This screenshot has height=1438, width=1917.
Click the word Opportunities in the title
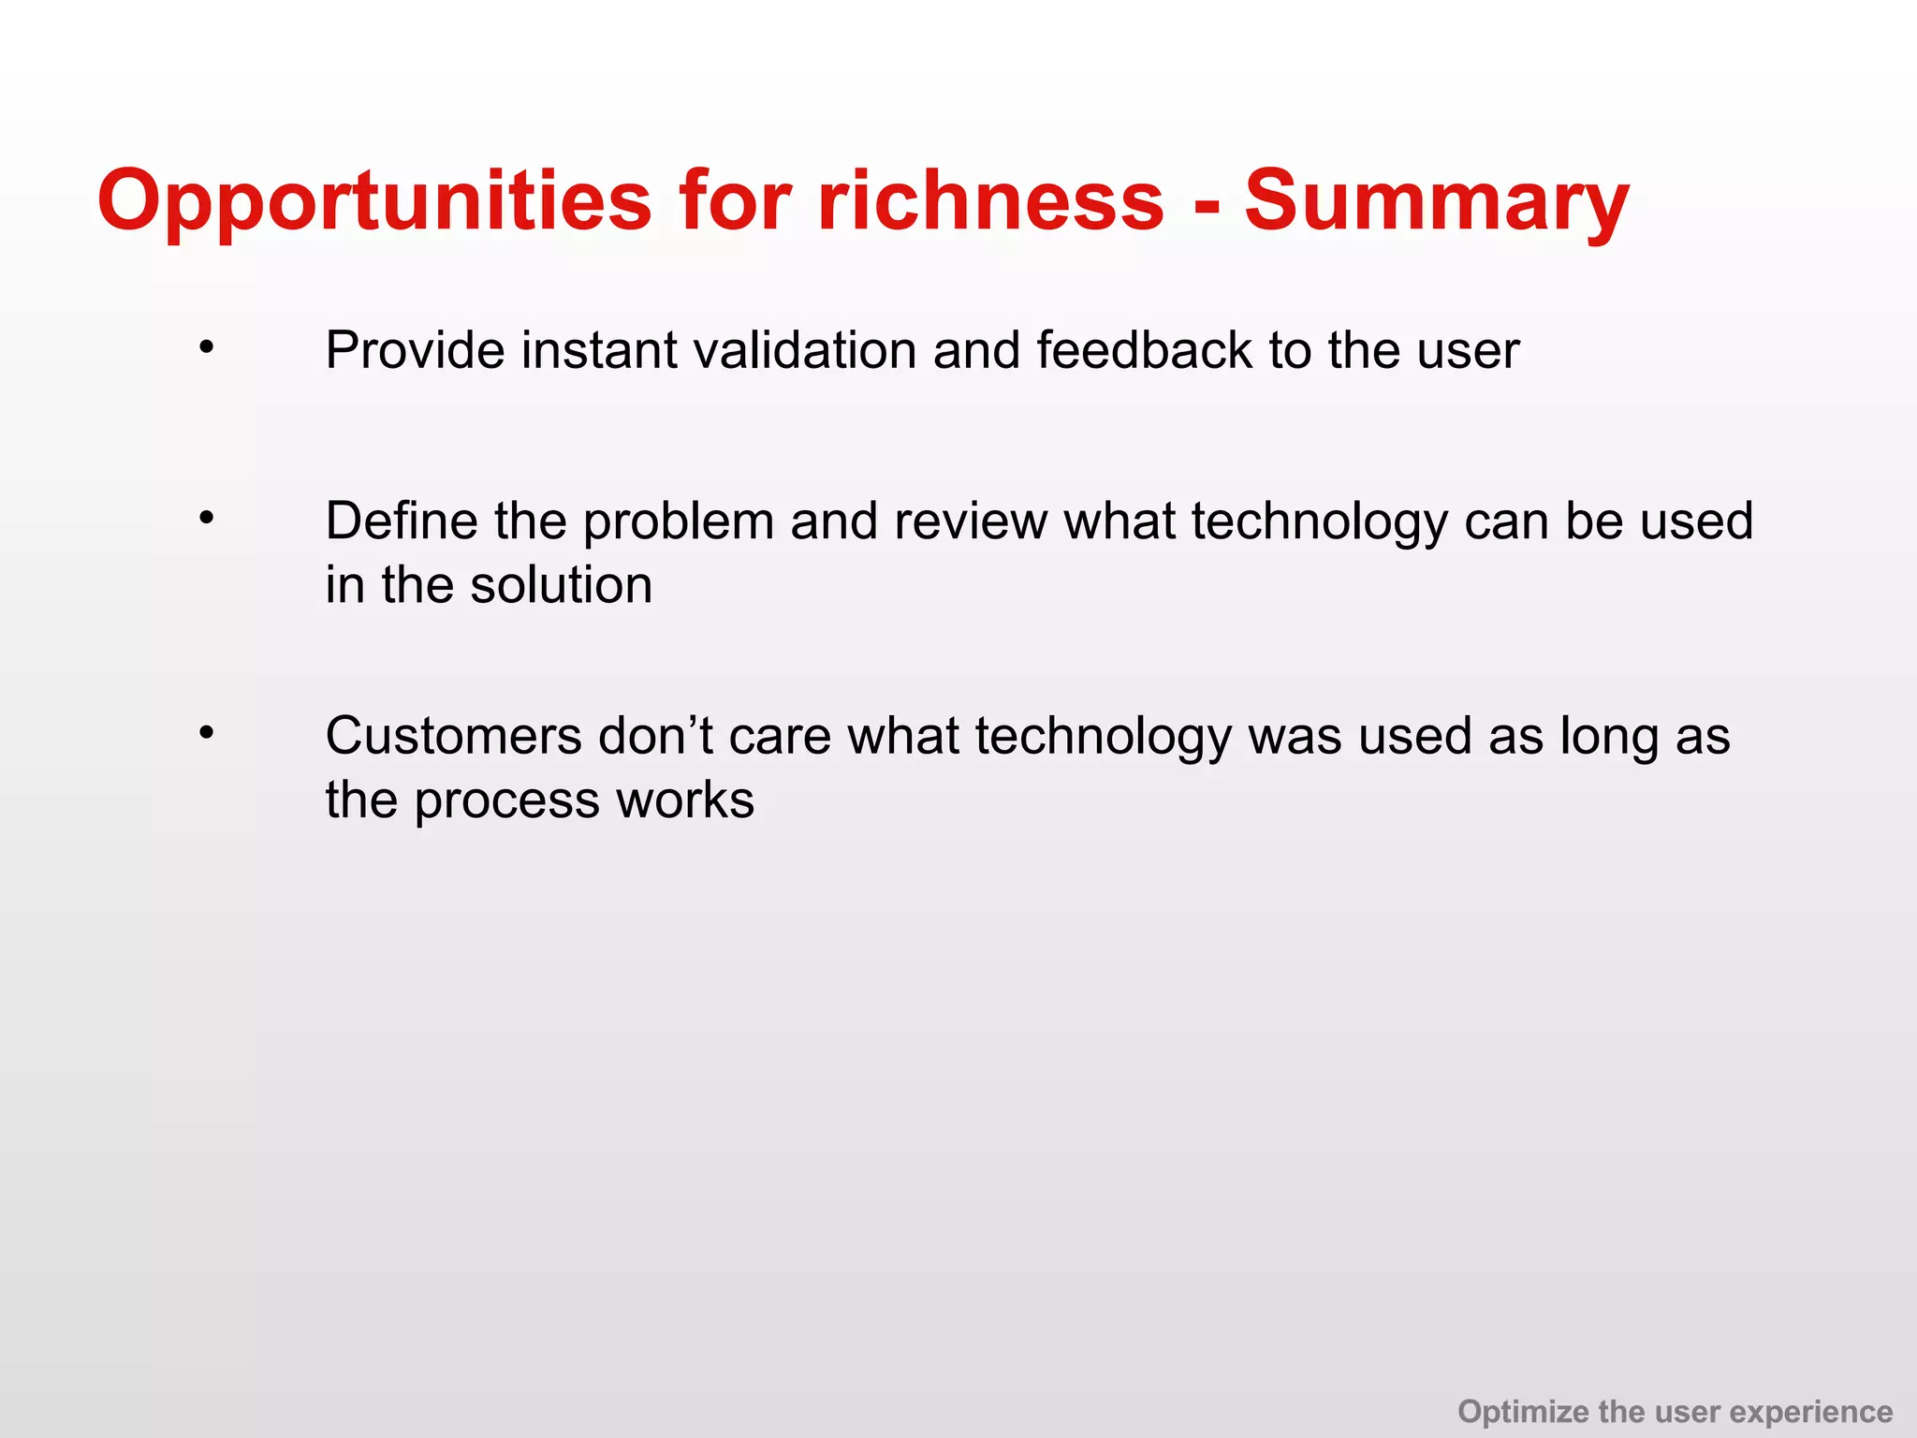[x=374, y=201]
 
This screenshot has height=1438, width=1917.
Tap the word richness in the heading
[x=990, y=201]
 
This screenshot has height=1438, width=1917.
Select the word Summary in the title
[x=1437, y=201]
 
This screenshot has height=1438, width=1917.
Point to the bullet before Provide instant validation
[x=207, y=348]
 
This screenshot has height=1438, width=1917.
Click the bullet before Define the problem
[x=207, y=518]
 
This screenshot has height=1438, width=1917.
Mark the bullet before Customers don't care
[x=207, y=733]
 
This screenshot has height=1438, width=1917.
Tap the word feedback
[x=1144, y=350]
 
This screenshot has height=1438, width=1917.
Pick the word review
[x=970, y=521]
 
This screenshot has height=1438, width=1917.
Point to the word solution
[x=561, y=585]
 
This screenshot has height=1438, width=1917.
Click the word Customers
[x=453, y=736]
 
